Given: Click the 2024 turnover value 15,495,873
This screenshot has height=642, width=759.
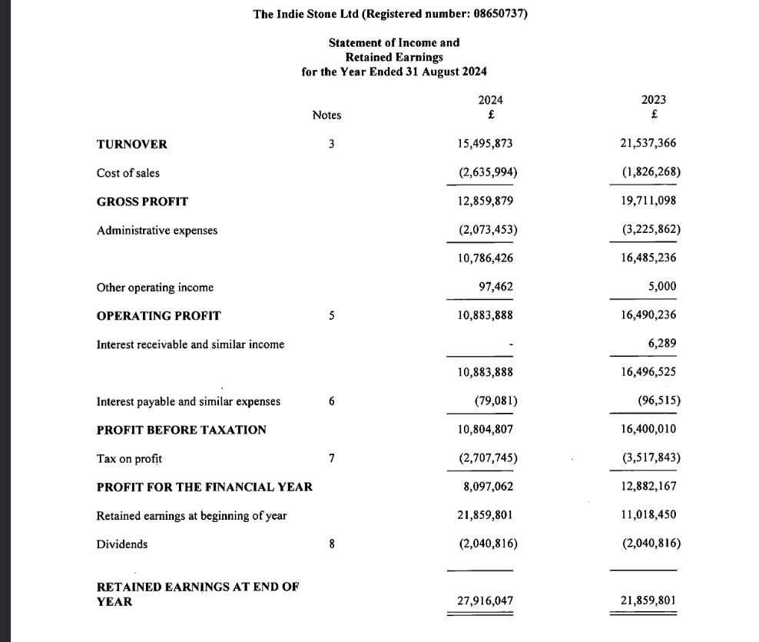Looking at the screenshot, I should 485,144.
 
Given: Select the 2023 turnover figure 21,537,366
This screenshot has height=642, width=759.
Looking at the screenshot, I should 648,144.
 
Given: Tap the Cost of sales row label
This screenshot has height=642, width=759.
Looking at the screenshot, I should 128,173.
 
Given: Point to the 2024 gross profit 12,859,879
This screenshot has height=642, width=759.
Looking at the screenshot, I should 485,201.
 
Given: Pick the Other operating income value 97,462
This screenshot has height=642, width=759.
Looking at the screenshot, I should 496,287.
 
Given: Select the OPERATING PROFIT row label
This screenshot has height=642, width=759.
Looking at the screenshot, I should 158,316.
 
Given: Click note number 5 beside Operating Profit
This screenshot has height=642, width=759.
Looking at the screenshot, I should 331,316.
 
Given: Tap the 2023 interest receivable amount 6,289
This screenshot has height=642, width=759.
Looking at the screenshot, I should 662,344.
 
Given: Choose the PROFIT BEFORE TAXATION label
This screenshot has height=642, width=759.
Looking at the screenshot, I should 181,430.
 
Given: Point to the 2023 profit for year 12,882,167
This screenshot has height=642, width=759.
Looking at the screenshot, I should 648,487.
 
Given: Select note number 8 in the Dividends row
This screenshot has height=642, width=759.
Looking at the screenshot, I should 331,544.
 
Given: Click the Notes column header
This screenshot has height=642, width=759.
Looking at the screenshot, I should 326,115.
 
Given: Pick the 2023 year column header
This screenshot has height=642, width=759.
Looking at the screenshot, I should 653,100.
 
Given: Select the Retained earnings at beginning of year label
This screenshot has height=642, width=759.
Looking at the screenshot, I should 191,516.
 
